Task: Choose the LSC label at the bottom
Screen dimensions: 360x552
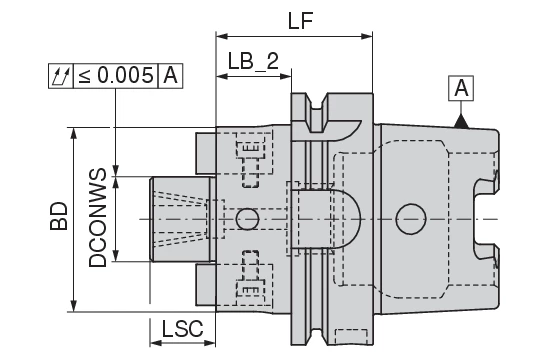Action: [x=182, y=328]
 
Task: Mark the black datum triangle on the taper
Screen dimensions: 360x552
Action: [x=461, y=121]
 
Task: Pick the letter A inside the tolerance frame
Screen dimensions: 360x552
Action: [x=171, y=74]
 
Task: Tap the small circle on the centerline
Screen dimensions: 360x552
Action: [x=247, y=218]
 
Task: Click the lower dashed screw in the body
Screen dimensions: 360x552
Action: [x=248, y=285]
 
